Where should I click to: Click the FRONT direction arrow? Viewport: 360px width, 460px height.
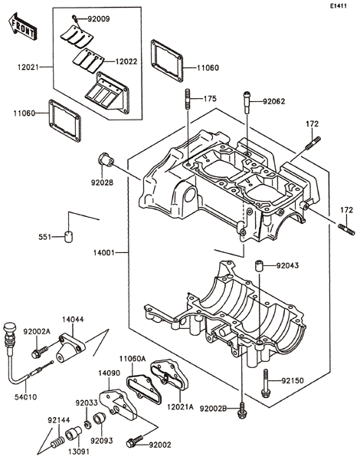(x=22, y=26)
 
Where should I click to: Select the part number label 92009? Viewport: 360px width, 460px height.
(x=99, y=19)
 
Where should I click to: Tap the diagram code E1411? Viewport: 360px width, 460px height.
(x=338, y=5)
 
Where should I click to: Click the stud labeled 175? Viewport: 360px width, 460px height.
(x=188, y=100)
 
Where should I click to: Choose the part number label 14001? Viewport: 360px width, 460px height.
(x=103, y=252)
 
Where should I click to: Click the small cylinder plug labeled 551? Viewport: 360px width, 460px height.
(x=69, y=237)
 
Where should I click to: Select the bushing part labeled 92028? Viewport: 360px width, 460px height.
(x=106, y=159)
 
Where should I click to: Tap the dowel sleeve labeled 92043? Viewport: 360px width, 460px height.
(x=258, y=266)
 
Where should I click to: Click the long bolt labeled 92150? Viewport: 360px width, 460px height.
(x=266, y=383)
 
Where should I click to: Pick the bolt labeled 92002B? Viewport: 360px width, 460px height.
(x=241, y=410)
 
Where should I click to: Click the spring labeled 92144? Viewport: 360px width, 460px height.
(x=57, y=441)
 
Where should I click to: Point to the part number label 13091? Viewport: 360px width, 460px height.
(x=78, y=451)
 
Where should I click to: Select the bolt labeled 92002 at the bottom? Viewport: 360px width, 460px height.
(x=135, y=441)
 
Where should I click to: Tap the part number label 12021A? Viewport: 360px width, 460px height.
(x=181, y=407)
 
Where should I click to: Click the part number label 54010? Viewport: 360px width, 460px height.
(x=26, y=397)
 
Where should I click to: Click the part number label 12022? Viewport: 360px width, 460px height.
(x=126, y=61)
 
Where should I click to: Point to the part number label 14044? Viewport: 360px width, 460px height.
(x=73, y=320)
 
